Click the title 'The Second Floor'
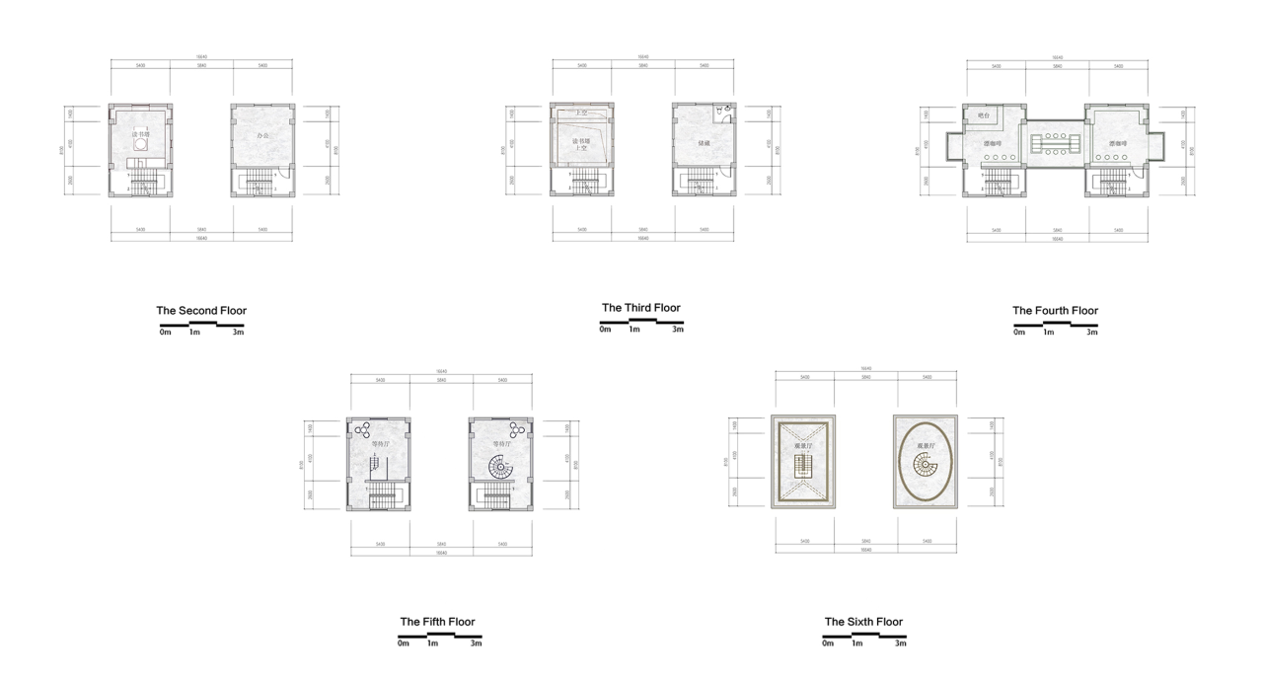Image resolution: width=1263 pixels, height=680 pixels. pos(201,311)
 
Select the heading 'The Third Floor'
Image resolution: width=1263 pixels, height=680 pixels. pos(641,308)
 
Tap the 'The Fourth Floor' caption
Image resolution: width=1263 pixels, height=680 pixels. pos(1055,311)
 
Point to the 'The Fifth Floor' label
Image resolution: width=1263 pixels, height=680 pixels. pos(437,622)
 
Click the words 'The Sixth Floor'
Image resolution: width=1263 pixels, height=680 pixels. pos(863,622)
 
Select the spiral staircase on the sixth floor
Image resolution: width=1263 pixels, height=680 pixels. pos(926,471)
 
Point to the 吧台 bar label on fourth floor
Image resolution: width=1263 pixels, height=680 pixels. pos(983,115)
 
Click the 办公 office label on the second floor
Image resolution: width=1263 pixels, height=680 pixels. pos(262,135)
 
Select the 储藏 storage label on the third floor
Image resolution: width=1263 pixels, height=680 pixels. pos(704,143)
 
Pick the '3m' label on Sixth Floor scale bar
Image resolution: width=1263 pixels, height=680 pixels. pos(900,643)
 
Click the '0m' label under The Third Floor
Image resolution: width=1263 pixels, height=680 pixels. pos(605,330)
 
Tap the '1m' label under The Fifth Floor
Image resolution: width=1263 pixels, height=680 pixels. pos(432,643)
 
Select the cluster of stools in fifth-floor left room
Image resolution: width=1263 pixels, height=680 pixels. pos(362,429)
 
